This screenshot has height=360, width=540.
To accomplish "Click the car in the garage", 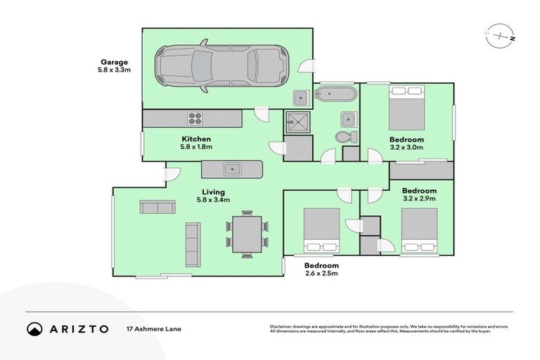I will [221, 67].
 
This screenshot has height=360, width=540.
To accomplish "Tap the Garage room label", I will [112, 62].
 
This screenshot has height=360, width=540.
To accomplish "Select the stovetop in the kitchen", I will [195, 117].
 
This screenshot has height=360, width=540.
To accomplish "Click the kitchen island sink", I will [231, 169].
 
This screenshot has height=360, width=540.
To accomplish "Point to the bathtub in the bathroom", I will [335, 94].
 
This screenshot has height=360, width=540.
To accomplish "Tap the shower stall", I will [297, 122].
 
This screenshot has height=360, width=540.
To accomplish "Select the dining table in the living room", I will [247, 234].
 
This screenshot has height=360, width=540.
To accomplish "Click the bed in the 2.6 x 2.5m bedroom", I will [321, 229].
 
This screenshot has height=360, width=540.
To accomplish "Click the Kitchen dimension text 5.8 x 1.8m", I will [196, 147].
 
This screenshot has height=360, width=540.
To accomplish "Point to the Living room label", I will [213, 192].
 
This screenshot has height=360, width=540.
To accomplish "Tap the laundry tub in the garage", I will [300, 97].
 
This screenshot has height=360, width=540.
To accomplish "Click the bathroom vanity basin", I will [348, 117].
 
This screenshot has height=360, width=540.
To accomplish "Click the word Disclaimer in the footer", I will [281, 327].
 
